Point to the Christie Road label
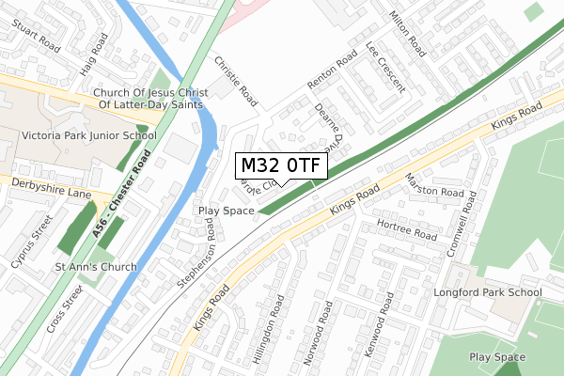[x=235, y=78]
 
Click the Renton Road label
[x=333, y=71]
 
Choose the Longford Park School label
[x=488, y=292]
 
